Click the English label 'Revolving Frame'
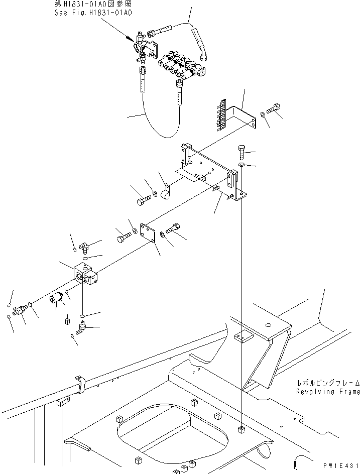tap(328, 392)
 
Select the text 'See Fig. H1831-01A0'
tap(93, 13)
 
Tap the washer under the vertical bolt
tap(241, 165)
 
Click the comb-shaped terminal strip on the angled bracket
tap(221, 115)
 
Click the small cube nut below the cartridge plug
tap(67, 320)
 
